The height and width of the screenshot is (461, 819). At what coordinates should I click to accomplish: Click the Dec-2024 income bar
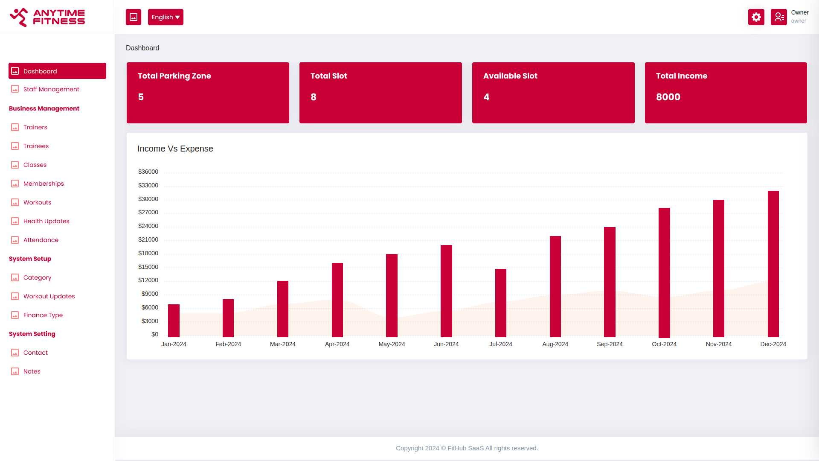(x=773, y=264)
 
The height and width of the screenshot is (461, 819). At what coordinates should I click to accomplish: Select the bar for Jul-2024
(x=501, y=303)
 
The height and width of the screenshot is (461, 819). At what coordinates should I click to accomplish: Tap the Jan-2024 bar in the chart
(x=174, y=321)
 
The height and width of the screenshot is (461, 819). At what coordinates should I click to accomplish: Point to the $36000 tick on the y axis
(x=148, y=172)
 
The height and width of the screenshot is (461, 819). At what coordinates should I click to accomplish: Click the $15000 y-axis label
(x=148, y=267)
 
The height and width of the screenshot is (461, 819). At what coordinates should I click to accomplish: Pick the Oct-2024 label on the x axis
(x=664, y=344)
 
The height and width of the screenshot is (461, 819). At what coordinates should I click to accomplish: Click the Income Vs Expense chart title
(x=175, y=149)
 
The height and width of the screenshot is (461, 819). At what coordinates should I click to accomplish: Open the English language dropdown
(x=166, y=17)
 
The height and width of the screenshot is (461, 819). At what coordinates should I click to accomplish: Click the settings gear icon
(x=756, y=17)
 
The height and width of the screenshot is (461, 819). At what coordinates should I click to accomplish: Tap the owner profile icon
(x=779, y=17)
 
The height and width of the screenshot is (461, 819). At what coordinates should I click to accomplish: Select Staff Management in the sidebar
(x=51, y=89)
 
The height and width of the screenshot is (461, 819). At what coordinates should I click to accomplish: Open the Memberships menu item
(x=44, y=184)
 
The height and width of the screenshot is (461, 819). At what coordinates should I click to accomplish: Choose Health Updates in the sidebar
(x=46, y=221)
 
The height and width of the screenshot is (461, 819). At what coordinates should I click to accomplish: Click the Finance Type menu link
(x=43, y=315)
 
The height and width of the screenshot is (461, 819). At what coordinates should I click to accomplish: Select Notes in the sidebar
(x=32, y=371)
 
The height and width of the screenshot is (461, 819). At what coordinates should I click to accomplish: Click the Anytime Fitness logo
(x=47, y=17)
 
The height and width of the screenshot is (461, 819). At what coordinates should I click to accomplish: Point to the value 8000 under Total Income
(x=668, y=97)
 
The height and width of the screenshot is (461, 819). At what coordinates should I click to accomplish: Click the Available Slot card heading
(x=510, y=76)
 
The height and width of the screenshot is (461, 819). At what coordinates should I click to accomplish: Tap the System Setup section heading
(x=30, y=259)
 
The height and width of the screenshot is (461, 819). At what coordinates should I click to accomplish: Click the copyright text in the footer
(x=467, y=448)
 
